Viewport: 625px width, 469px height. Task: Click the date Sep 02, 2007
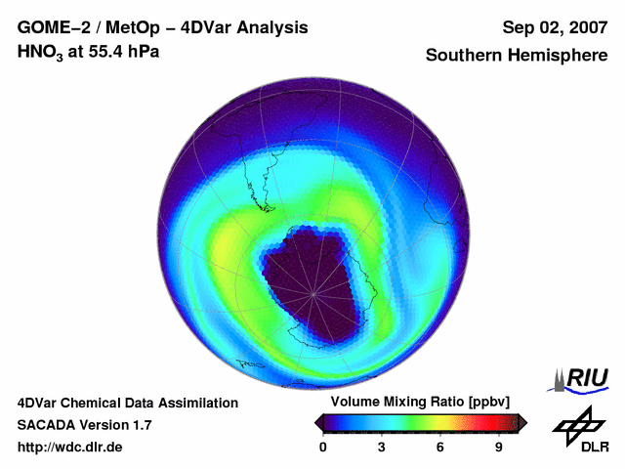coord(554,27)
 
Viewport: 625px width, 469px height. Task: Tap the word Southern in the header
coord(466,55)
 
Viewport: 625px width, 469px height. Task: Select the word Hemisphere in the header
coord(560,55)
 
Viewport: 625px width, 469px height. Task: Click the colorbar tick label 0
coord(323,447)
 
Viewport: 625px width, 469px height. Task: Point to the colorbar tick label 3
coord(382,447)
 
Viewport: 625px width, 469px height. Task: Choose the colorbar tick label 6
coord(440,447)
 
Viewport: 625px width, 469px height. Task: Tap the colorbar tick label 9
coord(498,447)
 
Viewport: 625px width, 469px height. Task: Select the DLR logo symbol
coord(578,426)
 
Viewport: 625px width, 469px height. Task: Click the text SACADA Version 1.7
coord(85,425)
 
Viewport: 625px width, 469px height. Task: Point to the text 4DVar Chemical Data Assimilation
coord(128,403)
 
